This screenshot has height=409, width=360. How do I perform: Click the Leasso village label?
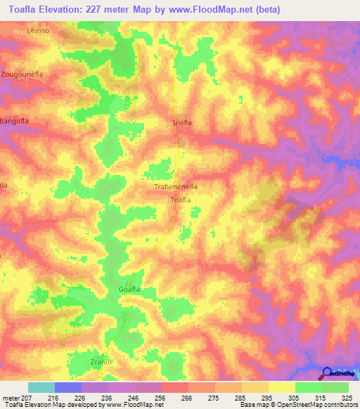coord(37,31)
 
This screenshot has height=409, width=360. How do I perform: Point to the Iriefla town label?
coord(183,122)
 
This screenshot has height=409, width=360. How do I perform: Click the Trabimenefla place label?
coord(175,188)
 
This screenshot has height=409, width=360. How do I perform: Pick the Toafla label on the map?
coord(181,200)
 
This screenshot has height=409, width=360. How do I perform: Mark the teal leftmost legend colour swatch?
coord(41,387)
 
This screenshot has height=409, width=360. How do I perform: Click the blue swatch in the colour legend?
coord(67,387)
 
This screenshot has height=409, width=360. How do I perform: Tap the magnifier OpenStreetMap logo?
coord(327,374)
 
